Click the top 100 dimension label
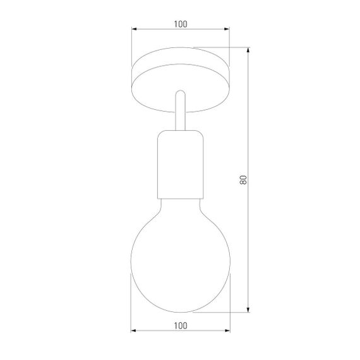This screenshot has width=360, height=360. pyautogui.click(x=180, y=24)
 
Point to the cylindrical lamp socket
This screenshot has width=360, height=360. pyautogui.click(x=180, y=164)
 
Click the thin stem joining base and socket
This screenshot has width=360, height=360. pyautogui.click(x=180, y=111)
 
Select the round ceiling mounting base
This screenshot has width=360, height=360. pyautogui.click(x=180, y=79)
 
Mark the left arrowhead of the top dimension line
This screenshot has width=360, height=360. pyautogui.click(x=133, y=29)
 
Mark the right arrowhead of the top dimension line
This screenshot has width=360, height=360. pyautogui.click(x=227, y=29)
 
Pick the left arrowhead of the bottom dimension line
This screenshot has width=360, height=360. pyautogui.click(x=133, y=330)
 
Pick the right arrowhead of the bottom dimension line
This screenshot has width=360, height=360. pyautogui.click(x=227, y=330)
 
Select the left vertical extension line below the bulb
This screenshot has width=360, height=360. pyautogui.click(x=131, y=303)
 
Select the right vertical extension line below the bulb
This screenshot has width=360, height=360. pyautogui.click(x=229, y=303)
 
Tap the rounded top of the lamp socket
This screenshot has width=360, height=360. pyautogui.click(x=180, y=131)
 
